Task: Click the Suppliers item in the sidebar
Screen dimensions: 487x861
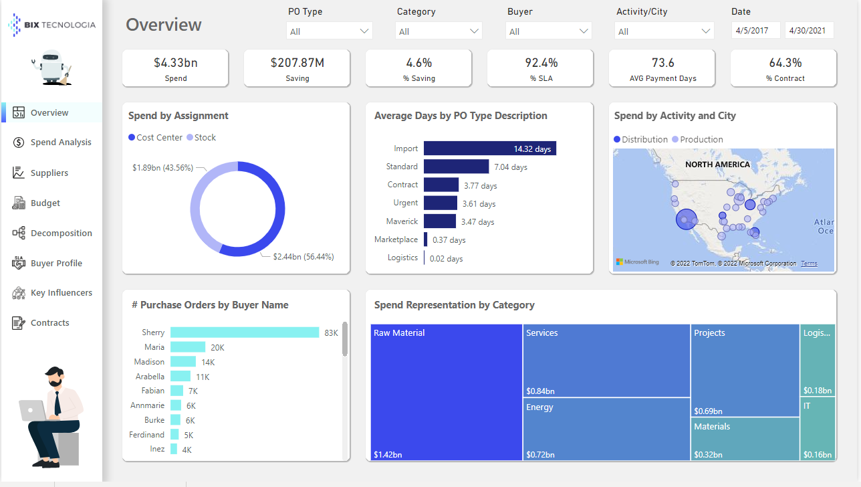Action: tap(49, 173)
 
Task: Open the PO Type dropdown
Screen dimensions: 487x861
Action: tap(330, 31)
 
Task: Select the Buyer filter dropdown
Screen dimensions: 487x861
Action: tap(548, 31)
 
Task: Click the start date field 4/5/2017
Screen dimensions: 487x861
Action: tap(755, 31)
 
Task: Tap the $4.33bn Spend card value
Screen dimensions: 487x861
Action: tap(175, 63)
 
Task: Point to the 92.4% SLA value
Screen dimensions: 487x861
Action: tap(541, 63)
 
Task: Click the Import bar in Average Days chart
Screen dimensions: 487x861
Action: tap(489, 149)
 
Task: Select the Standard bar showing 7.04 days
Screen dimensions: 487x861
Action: tap(456, 167)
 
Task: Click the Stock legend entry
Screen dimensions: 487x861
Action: tap(201, 137)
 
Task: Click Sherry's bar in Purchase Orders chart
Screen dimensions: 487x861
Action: tap(244, 332)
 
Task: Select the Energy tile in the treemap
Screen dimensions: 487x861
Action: tap(606, 429)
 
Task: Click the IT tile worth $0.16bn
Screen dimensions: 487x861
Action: tap(817, 429)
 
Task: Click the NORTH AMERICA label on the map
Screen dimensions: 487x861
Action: tap(717, 165)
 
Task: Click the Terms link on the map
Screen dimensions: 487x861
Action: tap(809, 264)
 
